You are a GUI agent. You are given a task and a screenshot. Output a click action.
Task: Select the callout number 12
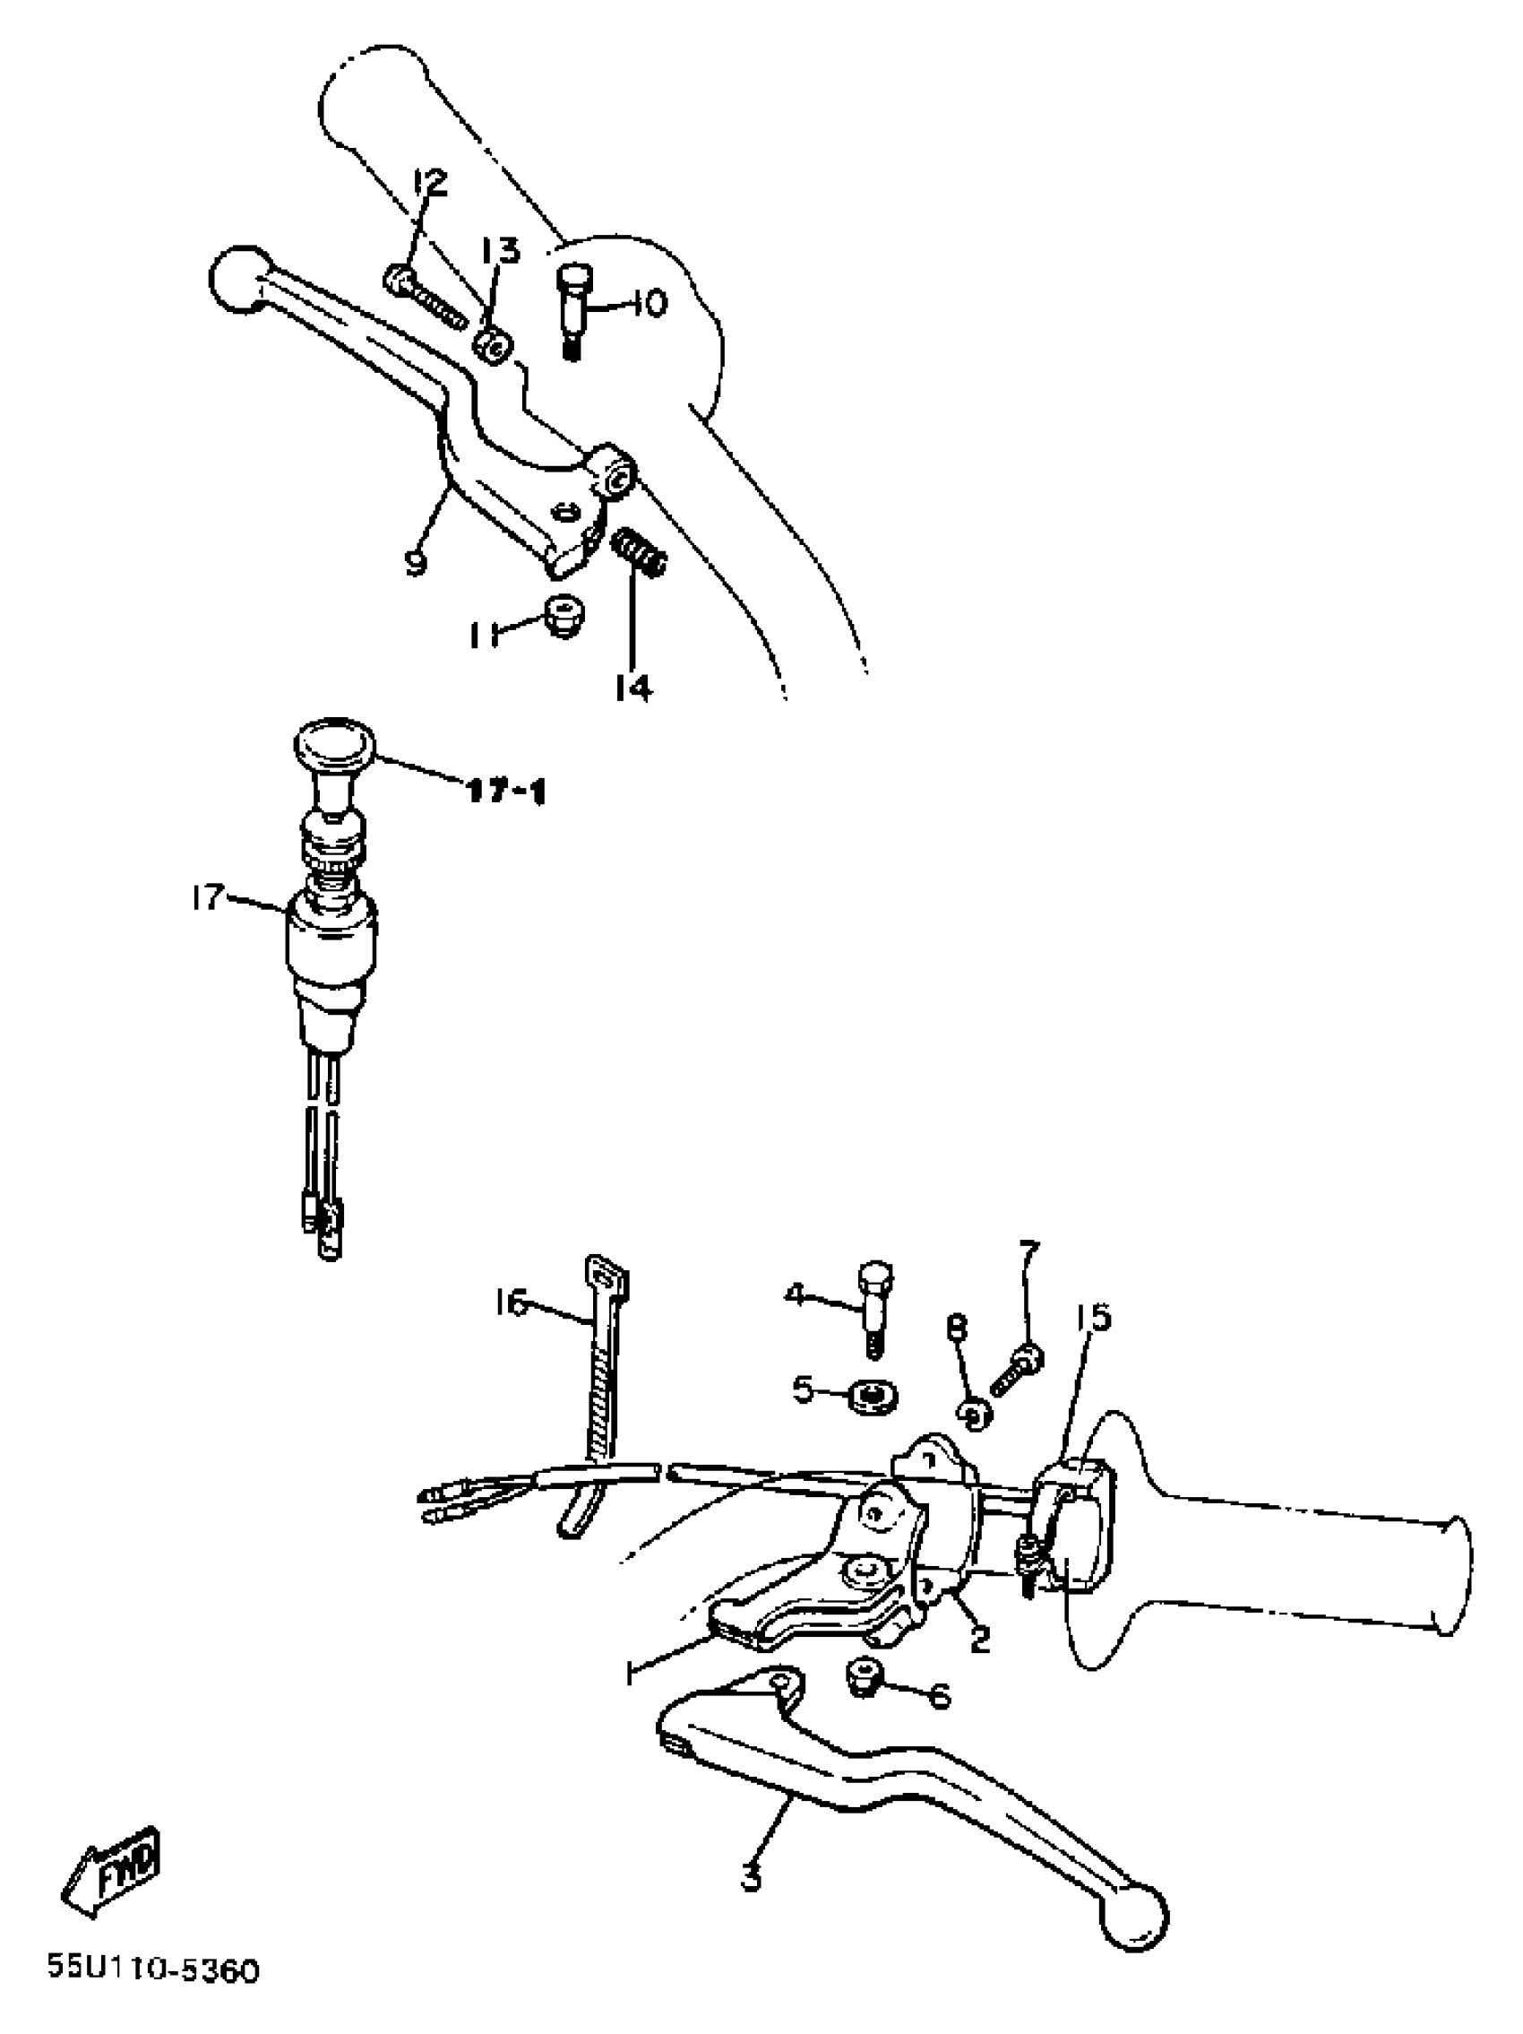[428, 184]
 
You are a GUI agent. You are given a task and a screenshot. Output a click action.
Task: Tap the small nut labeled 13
[492, 348]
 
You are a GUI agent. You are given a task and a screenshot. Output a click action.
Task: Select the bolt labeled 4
[875, 1306]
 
